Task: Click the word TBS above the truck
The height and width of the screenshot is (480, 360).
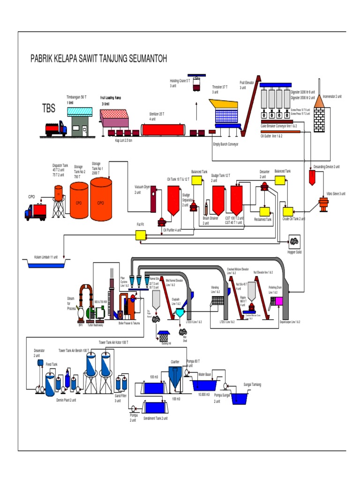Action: click(49, 109)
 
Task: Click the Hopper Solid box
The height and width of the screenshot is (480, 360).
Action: click(294, 242)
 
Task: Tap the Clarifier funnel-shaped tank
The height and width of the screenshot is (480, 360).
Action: click(175, 378)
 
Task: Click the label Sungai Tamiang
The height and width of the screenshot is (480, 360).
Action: click(252, 385)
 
